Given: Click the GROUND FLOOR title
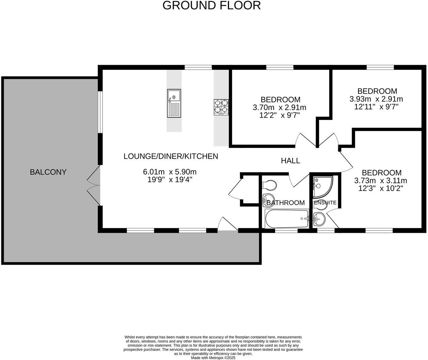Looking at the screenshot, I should [x=211, y=5].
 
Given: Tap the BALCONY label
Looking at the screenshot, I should [x=48, y=172].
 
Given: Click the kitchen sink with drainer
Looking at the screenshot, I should [x=174, y=103].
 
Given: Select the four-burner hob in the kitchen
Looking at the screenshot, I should [x=221, y=106].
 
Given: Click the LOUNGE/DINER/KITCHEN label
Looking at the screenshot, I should [x=170, y=156].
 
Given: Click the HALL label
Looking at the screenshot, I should [x=290, y=161].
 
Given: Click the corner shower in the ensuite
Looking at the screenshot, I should [x=321, y=187].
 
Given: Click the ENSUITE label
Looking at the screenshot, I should [x=325, y=203].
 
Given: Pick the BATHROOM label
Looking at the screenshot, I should [x=286, y=203].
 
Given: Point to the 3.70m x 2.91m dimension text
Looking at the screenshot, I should [x=279, y=108].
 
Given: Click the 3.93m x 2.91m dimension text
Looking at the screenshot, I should [x=376, y=99].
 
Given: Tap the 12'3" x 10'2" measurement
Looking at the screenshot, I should [x=381, y=188].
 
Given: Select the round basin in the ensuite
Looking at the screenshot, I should [x=319, y=219].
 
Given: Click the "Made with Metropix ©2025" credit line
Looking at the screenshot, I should [x=213, y=358].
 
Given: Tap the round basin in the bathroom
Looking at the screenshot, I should [x=269, y=200].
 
